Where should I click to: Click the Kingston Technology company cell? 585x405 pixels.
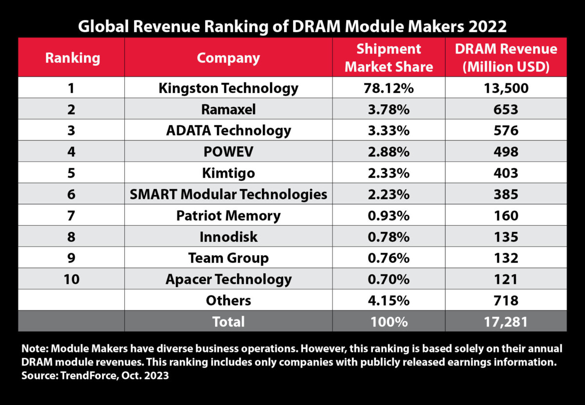[x=228, y=88]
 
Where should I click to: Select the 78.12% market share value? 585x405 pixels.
[x=389, y=88]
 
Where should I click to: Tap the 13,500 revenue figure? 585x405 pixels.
[x=506, y=88]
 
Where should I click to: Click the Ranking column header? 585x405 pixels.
[x=72, y=58]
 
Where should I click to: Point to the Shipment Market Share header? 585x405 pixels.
[x=389, y=58]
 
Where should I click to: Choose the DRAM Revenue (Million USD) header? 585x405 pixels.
[x=506, y=58]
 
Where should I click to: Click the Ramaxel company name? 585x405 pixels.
[x=228, y=110]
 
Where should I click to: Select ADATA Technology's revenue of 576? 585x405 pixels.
[x=506, y=131]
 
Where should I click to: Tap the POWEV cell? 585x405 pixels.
[x=228, y=152]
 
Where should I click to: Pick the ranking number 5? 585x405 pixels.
[x=72, y=173]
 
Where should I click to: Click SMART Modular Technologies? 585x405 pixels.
[x=228, y=194]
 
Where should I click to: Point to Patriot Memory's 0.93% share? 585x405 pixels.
[x=389, y=215]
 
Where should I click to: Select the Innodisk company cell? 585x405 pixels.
[x=228, y=237]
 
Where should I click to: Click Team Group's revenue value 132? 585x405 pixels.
[x=506, y=258]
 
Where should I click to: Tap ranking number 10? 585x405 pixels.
[x=72, y=279]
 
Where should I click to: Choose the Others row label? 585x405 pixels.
[x=228, y=300]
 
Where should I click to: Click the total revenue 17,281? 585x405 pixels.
[x=506, y=322]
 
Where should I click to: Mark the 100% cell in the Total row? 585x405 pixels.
[x=389, y=322]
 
